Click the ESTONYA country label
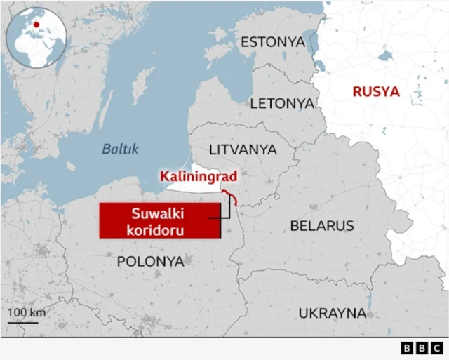(273, 42)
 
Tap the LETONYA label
(282, 103)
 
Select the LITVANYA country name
(243, 149)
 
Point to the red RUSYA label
(375, 92)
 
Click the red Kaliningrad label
(198, 176)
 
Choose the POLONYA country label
(150, 261)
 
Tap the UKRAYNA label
(333, 312)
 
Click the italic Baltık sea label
(121, 149)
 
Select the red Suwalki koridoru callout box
(160, 220)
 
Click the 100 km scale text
(26, 312)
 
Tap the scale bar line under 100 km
(22, 323)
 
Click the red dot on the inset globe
(35, 22)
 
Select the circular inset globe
(35, 39)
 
